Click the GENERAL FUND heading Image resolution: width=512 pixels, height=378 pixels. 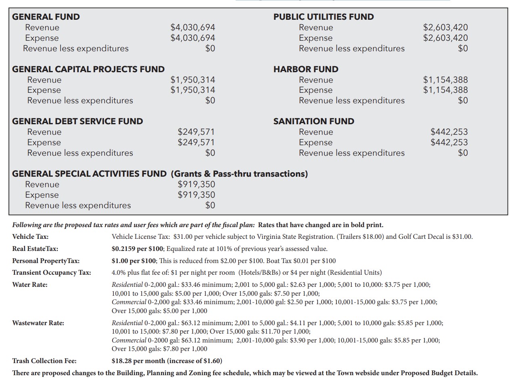point(46,17)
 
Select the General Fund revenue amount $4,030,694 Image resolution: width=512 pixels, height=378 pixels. point(192,27)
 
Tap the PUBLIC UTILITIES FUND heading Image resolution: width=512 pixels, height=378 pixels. point(324,17)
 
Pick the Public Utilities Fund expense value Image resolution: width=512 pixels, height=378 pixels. point(445,38)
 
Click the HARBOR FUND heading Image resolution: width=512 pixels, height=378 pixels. point(306,69)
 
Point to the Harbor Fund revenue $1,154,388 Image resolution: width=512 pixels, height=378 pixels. point(445,80)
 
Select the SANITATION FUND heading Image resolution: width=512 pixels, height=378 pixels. point(314,121)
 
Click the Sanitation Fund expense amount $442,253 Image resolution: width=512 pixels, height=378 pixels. point(449,142)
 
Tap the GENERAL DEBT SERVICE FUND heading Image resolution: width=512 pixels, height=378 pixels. point(77,121)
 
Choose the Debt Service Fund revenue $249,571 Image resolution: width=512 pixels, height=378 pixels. point(196,132)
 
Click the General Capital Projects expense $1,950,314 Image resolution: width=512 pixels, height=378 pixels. point(192,90)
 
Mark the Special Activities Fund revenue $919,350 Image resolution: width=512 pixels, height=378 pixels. point(196,184)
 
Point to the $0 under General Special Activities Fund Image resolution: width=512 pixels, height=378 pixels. point(210,205)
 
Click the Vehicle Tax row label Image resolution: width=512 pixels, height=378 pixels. point(30,237)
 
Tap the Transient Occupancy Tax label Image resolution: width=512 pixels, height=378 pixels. point(52,273)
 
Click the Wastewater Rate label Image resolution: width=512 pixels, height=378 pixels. point(38,323)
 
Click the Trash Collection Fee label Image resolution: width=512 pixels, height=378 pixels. point(44,361)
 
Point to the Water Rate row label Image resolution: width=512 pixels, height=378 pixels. point(30,285)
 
